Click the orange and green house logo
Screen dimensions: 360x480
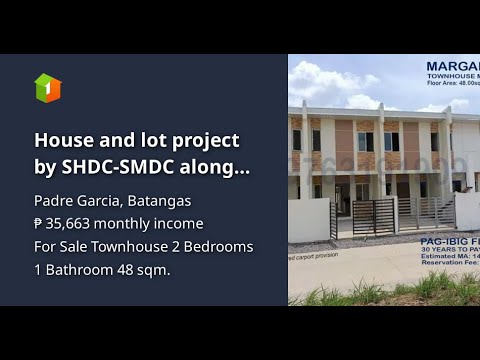(x=47, y=88)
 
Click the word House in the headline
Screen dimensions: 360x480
(x=63, y=141)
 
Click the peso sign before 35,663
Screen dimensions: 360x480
(x=39, y=223)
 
